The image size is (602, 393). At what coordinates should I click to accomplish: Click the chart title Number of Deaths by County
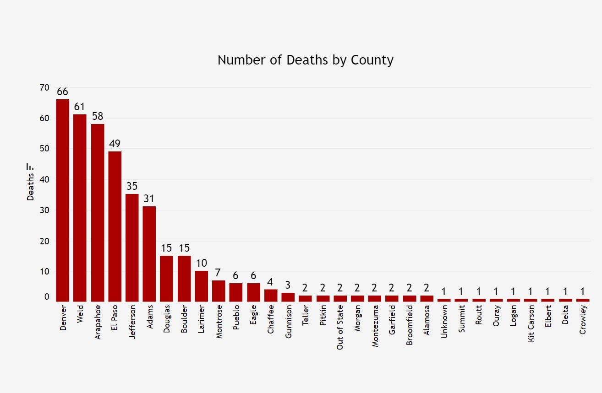coord(305,60)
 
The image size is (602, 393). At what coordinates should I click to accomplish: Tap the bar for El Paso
coord(115,226)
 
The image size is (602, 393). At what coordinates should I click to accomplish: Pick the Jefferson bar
coord(132,248)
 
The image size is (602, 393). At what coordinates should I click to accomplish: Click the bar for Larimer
coord(202,286)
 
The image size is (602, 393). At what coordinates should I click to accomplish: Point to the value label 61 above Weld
coord(80,107)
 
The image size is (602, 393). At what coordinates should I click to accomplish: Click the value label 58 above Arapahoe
coord(98,116)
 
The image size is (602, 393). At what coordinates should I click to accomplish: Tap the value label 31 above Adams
coord(149,199)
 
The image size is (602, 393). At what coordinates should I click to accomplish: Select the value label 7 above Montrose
coord(219,273)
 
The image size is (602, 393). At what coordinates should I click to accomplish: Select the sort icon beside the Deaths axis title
coord(30,166)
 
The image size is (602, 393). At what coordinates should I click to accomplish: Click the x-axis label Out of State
coord(340,328)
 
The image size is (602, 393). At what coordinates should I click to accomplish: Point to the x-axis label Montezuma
coord(375,327)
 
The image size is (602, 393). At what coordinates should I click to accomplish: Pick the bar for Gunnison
coord(288,297)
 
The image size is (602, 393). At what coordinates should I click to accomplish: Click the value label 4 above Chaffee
coord(271,282)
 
